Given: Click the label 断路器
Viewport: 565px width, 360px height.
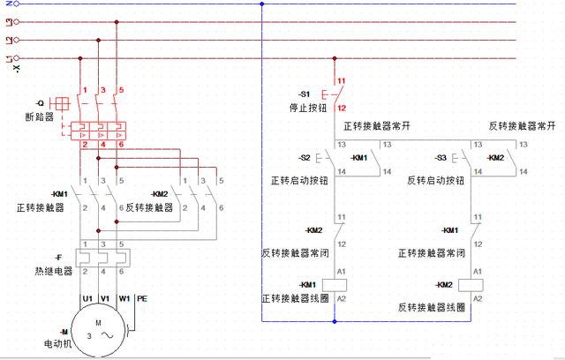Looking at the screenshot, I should coord(39,116).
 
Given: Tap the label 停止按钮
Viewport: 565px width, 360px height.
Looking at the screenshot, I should coord(308,107).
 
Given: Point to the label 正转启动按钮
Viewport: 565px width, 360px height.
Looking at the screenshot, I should coord(299,180).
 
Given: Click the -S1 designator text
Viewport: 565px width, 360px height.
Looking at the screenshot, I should coord(305,94).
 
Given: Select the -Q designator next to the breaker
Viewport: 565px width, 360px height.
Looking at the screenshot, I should coord(40,102).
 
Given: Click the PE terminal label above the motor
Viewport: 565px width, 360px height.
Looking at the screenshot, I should coord(141,298).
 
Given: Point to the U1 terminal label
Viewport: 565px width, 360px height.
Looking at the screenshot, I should coord(87,298).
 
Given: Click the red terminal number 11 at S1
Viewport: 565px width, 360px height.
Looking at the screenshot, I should coord(341,81).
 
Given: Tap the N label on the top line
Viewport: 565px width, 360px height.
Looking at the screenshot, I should coord(7,4).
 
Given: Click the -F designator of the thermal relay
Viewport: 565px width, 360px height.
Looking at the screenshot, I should coord(58,257).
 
